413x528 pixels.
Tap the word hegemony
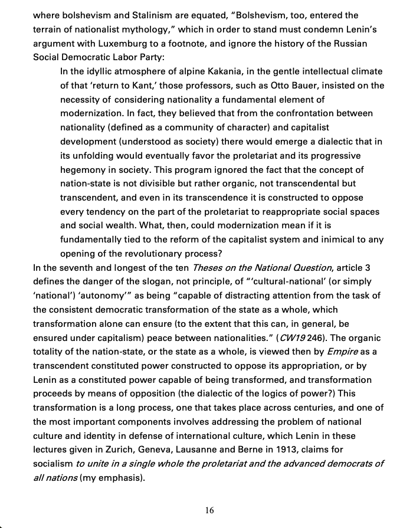83,169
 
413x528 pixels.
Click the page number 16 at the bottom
209,511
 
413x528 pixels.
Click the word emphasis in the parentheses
119,478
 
